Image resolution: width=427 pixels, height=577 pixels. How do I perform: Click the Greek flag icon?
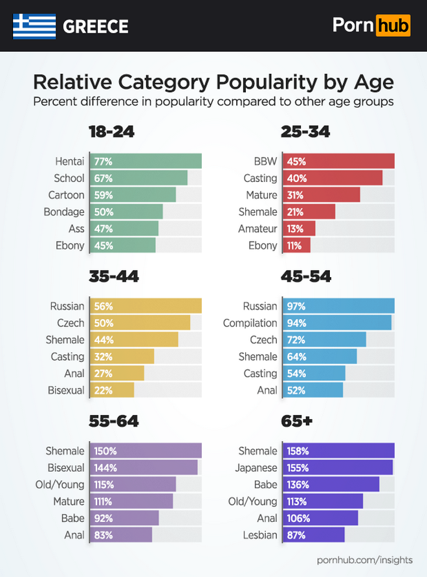(x=34, y=26)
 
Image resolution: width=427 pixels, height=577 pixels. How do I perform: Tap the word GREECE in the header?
(x=96, y=27)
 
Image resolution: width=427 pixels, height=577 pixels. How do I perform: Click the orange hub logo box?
(x=392, y=25)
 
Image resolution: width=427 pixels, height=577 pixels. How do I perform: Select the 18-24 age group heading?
(x=111, y=132)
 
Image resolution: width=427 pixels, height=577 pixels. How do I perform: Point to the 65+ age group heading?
(x=297, y=422)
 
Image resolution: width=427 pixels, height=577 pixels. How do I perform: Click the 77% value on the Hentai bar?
(x=104, y=161)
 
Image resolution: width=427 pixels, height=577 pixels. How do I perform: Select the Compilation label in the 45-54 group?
(x=250, y=323)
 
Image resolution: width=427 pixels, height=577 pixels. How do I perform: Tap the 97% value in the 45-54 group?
(x=296, y=306)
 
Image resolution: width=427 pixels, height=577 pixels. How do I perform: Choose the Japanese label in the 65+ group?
(x=256, y=468)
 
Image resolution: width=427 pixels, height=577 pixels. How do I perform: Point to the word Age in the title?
(x=372, y=83)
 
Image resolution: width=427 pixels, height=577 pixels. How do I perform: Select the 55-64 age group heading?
(x=114, y=422)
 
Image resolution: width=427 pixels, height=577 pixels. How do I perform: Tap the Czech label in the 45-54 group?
(x=263, y=340)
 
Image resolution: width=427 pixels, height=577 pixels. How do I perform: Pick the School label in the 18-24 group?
(x=69, y=178)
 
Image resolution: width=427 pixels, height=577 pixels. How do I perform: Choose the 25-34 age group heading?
(x=306, y=132)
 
